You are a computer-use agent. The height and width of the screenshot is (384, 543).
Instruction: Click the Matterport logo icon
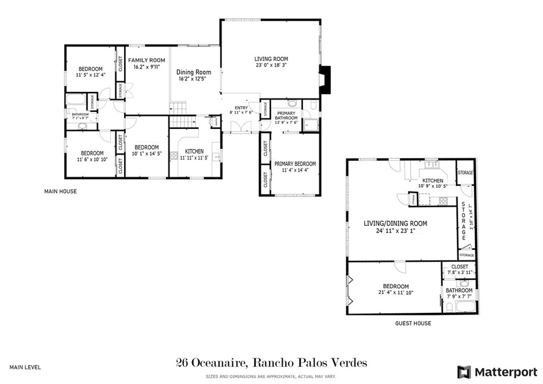464,371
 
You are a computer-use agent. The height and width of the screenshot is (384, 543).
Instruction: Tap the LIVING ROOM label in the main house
271,59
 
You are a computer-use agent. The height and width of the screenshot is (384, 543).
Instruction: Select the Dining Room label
194,72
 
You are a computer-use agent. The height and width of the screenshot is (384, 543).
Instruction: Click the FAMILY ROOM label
146,60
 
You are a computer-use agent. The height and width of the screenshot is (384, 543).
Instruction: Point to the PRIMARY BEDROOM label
295,164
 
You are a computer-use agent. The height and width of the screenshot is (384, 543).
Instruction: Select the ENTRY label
241,108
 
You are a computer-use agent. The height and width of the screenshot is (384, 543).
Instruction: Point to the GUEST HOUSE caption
413,323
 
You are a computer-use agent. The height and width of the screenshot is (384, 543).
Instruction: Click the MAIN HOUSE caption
60,191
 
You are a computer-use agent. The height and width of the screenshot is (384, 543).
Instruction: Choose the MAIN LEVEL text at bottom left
25,367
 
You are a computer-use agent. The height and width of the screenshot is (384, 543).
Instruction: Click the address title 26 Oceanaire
271,363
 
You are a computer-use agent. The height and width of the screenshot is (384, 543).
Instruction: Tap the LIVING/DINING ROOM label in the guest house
395,223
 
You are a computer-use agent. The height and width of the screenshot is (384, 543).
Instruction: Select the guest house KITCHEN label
432,180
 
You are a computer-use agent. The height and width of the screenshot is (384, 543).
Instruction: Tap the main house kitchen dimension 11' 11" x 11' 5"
195,158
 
